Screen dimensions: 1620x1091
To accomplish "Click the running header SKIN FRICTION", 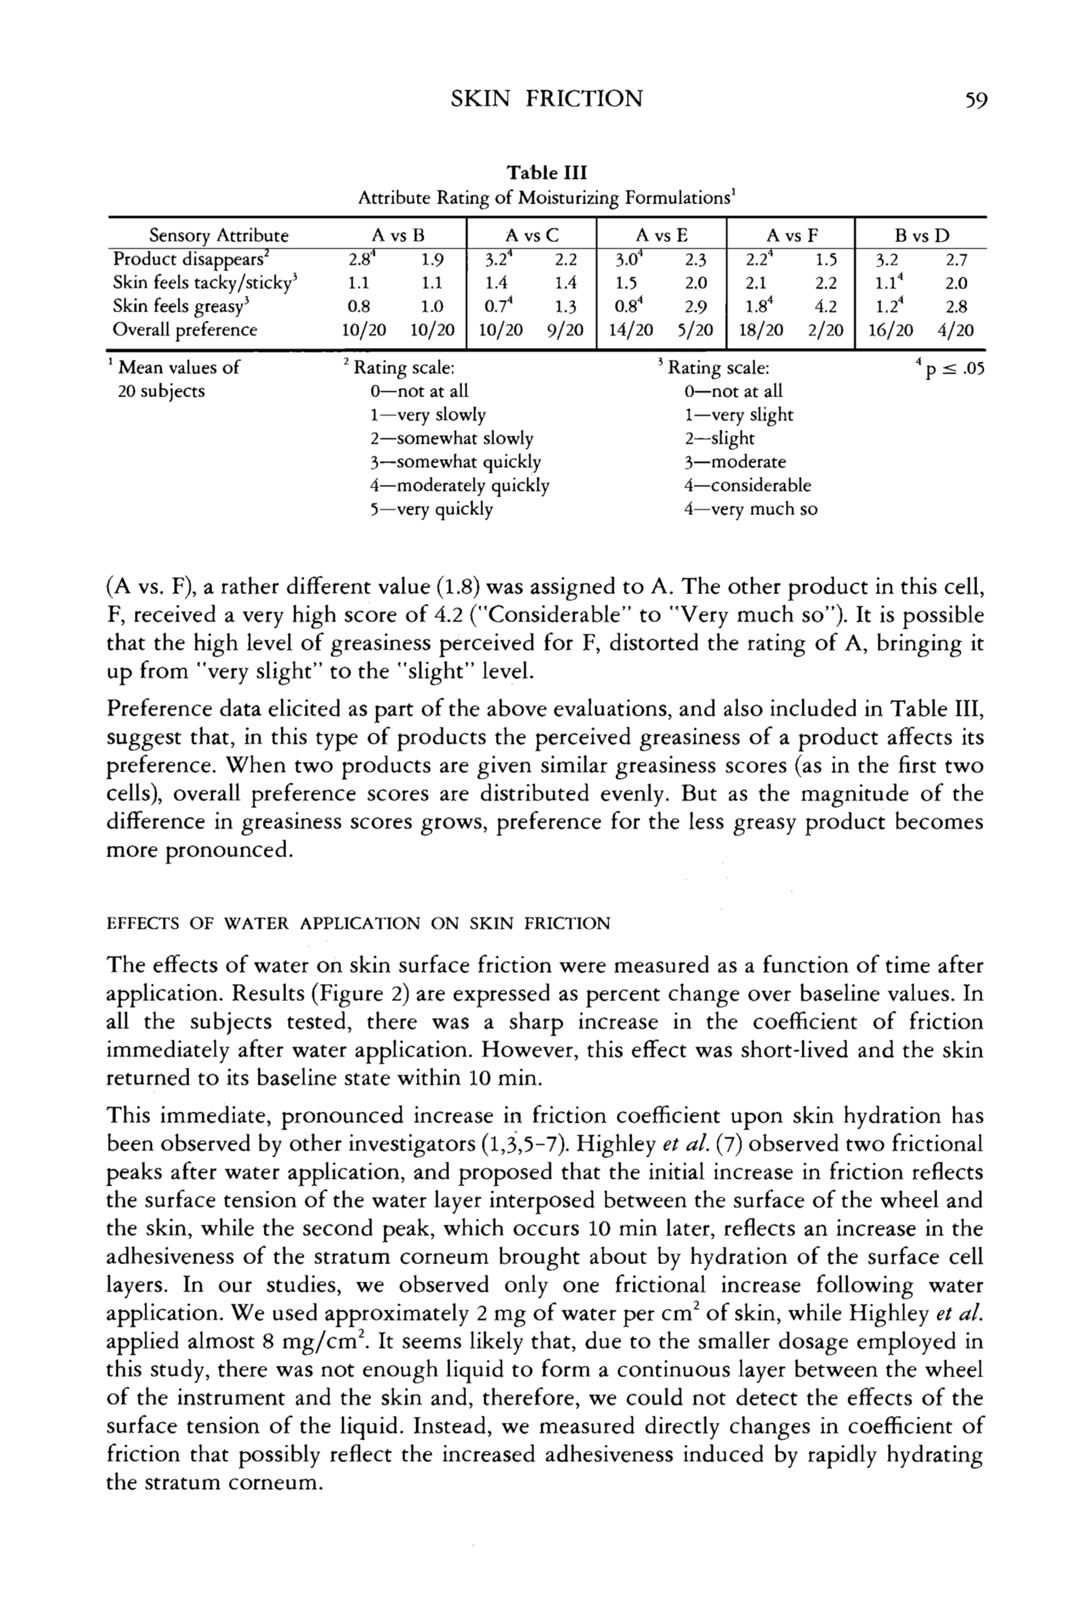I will tap(546, 99).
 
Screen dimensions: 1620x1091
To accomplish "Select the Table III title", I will tap(546, 172).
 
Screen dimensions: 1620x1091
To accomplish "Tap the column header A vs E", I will tap(662, 236).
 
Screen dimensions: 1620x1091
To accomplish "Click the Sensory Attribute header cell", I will tap(219, 236).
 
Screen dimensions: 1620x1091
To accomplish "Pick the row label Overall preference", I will tap(185, 330).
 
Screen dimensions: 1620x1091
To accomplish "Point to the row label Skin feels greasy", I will tap(179, 306).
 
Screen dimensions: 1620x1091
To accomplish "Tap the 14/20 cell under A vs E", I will tap(630, 330).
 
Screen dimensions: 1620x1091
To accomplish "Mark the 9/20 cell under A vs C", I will tap(565, 330).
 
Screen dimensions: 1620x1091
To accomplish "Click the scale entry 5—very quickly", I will tap(431, 509).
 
